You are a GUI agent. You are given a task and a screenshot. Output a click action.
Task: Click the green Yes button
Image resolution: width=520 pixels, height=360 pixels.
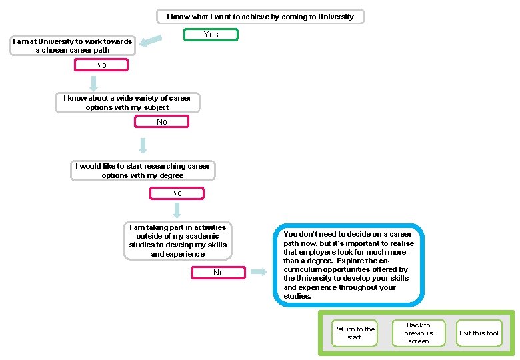(x=211, y=34)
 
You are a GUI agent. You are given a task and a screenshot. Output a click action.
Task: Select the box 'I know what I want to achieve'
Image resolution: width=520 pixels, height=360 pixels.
(x=260, y=16)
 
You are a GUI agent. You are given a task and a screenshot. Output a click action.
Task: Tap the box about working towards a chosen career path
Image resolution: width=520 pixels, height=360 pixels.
(x=73, y=45)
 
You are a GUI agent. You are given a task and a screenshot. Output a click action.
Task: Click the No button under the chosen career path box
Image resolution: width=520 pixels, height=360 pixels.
(x=101, y=65)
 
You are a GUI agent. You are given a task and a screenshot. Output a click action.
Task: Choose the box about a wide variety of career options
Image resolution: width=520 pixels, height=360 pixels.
(x=127, y=103)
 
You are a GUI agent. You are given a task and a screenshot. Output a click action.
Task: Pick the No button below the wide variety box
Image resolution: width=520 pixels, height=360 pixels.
(x=162, y=121)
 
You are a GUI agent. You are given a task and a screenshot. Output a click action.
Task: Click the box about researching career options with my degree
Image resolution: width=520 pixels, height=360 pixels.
(x=143, y=171)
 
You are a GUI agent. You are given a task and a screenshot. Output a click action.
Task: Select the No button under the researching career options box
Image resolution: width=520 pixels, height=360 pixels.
(x=177, y=193)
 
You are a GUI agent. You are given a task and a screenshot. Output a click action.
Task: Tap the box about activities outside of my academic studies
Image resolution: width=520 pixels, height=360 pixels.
(x=178, y=240)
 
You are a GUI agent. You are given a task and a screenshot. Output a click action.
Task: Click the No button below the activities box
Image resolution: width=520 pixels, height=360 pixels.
(x=219, y=272)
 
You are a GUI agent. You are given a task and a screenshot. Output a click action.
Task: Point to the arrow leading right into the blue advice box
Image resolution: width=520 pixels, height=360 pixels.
(x=258, y=272)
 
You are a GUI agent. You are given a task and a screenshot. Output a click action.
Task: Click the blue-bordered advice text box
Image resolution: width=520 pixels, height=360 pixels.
(x=348, y=265)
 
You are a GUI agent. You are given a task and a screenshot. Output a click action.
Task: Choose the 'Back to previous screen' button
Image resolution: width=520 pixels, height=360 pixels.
(x=418, y=333)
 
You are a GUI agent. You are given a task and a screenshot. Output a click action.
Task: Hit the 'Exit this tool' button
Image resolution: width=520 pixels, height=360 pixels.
(x=479, y=333)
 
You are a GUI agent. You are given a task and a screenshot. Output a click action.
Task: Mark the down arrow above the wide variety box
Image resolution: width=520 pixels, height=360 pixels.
(x=94, y=83)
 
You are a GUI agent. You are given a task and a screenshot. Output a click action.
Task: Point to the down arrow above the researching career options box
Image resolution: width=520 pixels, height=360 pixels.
(x=143, y=146)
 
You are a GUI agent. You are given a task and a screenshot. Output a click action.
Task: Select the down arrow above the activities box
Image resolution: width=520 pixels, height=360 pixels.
(x=177, y=211)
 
